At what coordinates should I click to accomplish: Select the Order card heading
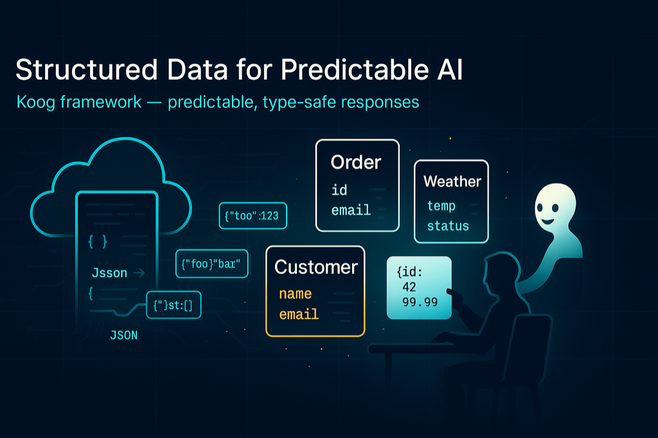tap(355, 162)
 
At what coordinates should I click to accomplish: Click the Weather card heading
tap(452, 181)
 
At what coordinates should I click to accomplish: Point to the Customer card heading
tap(316, 267)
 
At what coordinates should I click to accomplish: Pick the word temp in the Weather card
tap(441, 206)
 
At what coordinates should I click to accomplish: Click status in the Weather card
tap(448, 226)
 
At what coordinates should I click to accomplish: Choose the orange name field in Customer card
tap(295, 294)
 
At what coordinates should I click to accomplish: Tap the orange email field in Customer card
tap(299, 315)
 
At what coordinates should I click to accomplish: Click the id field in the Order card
tap(339, 190)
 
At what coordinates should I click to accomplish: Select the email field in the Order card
tap(351, 210)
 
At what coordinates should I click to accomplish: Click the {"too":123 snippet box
tap(253, 216)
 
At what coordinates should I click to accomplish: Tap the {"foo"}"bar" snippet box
tap(211, 263)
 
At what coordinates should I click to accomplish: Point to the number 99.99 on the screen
tap(420, 301)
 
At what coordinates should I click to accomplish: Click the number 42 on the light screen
tap(409, 286)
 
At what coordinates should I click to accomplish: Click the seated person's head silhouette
tap(497, 271)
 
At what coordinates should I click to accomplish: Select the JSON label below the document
tap(124, 335)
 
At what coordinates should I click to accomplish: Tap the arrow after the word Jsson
tap(138, 273)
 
